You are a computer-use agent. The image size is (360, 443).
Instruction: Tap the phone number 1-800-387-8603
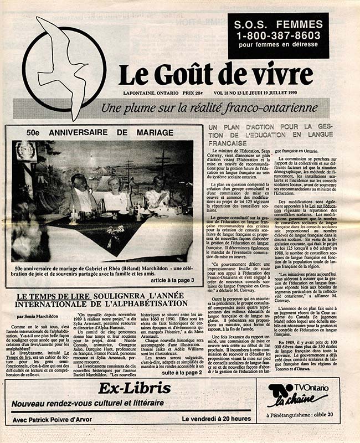[x=270, y=35]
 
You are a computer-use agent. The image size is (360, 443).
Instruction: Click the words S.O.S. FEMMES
[x=270, y=24]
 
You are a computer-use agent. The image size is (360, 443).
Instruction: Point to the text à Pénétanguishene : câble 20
[x=299, y=415]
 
